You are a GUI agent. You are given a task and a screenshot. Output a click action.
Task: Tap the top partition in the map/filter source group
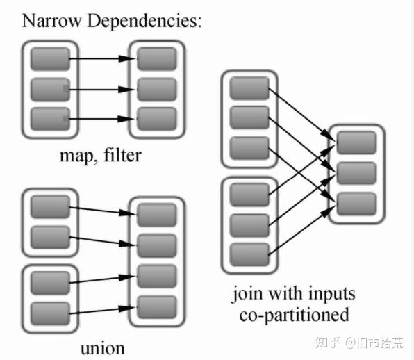pos(50,59)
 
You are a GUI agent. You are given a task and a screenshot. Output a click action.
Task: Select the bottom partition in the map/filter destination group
pos(156,119)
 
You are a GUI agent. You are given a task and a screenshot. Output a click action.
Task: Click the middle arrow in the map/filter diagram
pos(103,90)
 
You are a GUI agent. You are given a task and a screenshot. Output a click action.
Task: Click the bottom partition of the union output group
pos(156,304)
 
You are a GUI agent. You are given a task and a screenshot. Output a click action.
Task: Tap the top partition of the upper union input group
pos(50,206)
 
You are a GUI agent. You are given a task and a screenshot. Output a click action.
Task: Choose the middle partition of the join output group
pos(356,172)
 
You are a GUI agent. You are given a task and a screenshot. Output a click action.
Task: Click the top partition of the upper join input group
pos(249,87)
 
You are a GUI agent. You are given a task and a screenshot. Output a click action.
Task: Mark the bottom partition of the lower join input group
pos(249,254)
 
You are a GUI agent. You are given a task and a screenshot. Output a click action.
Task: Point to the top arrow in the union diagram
pos(103,208)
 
